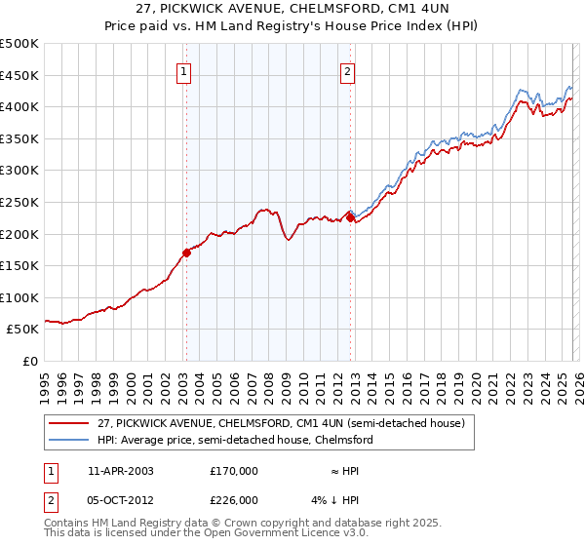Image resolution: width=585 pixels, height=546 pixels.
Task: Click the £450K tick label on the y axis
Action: (19, 76)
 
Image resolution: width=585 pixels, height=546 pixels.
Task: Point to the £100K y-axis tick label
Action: (19, 297)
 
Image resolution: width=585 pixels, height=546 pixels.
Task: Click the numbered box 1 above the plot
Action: (185, 70)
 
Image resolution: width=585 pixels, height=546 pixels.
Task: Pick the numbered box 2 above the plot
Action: (348, 70)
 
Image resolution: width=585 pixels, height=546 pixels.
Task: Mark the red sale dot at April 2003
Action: (186, 253)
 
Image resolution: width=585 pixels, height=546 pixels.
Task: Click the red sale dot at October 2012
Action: (349, 217)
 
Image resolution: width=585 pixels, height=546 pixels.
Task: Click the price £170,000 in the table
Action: (233, 470)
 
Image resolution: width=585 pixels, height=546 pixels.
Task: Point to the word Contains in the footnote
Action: (68, 523)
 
